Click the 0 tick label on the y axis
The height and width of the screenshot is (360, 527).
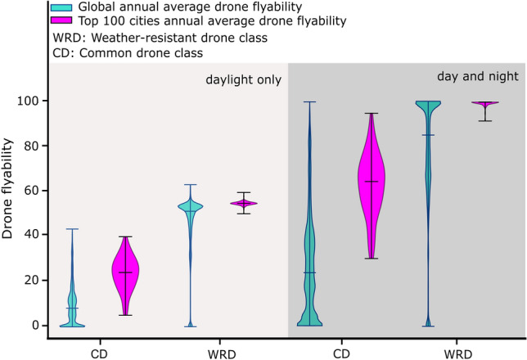[37, 326]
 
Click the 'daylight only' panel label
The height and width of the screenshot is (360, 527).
[242, 80]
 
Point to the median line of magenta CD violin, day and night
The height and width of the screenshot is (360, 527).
[372, 182]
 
